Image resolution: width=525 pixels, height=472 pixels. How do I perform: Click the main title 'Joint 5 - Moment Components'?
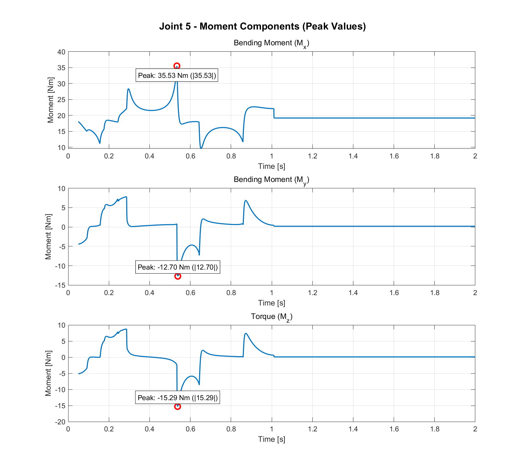point(262,26)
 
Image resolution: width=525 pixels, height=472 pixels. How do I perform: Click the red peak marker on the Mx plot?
point(177,66)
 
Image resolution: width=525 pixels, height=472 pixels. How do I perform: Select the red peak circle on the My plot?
point(178,276)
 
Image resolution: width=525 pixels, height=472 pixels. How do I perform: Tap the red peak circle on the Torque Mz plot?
point(178,407)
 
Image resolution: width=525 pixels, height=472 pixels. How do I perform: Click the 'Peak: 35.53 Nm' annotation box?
point(177,76)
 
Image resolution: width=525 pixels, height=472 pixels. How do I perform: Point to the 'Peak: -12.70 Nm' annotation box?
point(178,267)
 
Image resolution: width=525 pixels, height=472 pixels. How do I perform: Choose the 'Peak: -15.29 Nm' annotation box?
point(178,398)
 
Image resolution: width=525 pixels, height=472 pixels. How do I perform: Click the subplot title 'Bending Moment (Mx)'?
point(271,43)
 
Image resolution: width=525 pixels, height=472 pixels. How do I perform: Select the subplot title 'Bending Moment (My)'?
point(271,180)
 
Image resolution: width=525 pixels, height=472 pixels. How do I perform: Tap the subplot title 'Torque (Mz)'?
point(271,317)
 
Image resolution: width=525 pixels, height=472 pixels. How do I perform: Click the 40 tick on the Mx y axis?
point(61,52)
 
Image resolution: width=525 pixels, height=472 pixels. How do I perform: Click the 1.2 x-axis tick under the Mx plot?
point(312,156)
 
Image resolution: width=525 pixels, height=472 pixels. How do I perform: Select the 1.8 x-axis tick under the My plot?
point(435,293)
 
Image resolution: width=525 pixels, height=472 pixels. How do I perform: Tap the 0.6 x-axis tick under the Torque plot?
point(190,429)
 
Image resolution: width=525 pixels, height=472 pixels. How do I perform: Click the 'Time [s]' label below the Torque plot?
point(271,439)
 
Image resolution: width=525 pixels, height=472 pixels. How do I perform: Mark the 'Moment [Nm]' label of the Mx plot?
point(51,100)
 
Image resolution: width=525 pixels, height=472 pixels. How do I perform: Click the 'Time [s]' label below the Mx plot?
point(271,166)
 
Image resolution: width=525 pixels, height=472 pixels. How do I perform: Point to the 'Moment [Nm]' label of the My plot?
point(48,236)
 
